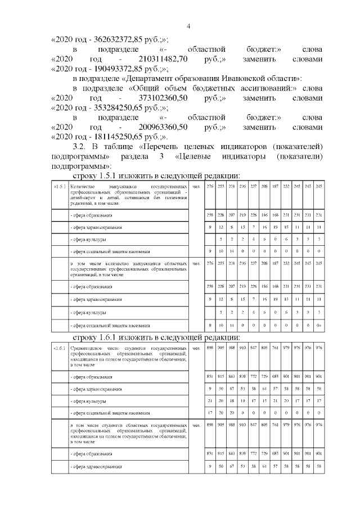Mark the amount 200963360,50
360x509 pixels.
(166, 127)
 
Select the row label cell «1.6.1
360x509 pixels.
(59, 348)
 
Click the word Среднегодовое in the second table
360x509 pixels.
(86, 348)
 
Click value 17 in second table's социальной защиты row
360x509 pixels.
(210, 413)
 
